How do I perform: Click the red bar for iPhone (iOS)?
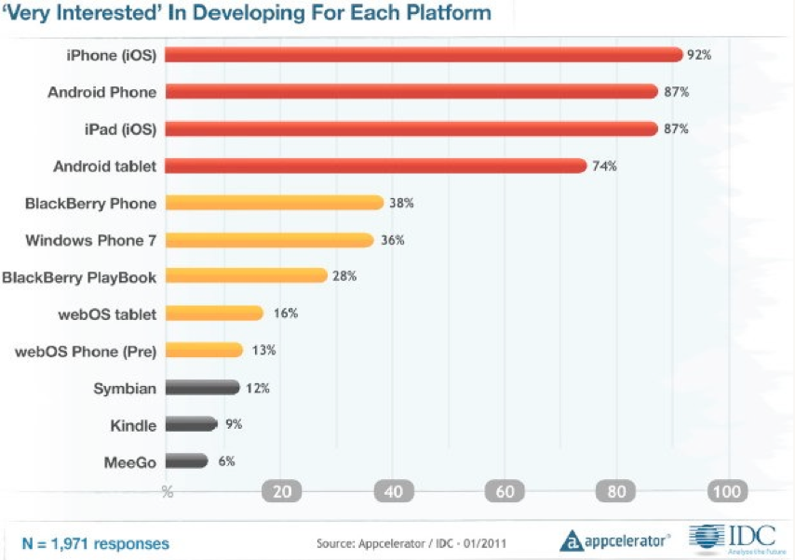click(424, 55)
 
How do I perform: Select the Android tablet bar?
click(377, 166)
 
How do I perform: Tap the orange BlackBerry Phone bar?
click(276, 203)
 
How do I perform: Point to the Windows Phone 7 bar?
click(271, 240)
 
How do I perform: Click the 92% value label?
click(699, 55)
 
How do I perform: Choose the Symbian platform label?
click(125, 388)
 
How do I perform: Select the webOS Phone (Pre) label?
click(87, 351)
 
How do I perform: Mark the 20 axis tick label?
click(283, 491)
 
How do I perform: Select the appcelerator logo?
click(615, 540)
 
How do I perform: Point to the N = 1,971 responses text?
click(95, 542)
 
